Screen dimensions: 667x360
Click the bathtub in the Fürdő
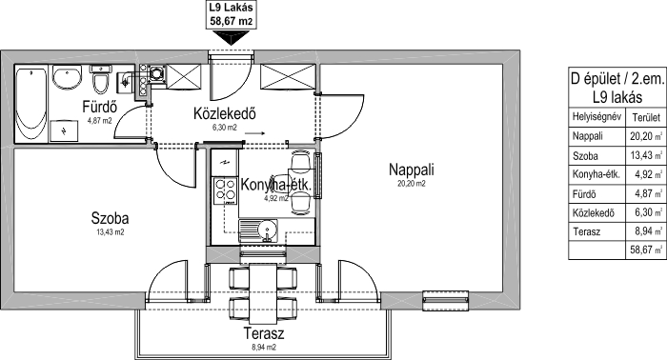click(x=30, y=104)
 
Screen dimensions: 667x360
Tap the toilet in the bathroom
click(x=100, y=79)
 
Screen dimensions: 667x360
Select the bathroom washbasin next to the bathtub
click(x=67, y=77)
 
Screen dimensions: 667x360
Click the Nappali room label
click(x=412, y=170)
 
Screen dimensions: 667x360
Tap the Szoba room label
click(x=110, y=218)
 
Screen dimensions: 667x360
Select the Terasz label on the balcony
click(x=264, y=333)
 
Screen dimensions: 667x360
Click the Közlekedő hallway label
click(x=225, y=114)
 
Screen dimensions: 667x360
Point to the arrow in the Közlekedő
click(x=254, y=133)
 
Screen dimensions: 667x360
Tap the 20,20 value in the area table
click(x=642, y=136)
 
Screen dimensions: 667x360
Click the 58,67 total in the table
click(x=642, y=250)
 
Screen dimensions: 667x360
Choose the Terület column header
click(x=646, y=117)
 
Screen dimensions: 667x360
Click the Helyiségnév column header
click(x=596, y=116)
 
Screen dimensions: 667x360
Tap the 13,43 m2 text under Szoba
click(x=110, y=232)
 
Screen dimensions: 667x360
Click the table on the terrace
click(x=262, y=293)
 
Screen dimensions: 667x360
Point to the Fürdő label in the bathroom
click(x=100, y=107)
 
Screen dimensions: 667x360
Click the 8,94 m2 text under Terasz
click(x=264, y=348)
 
